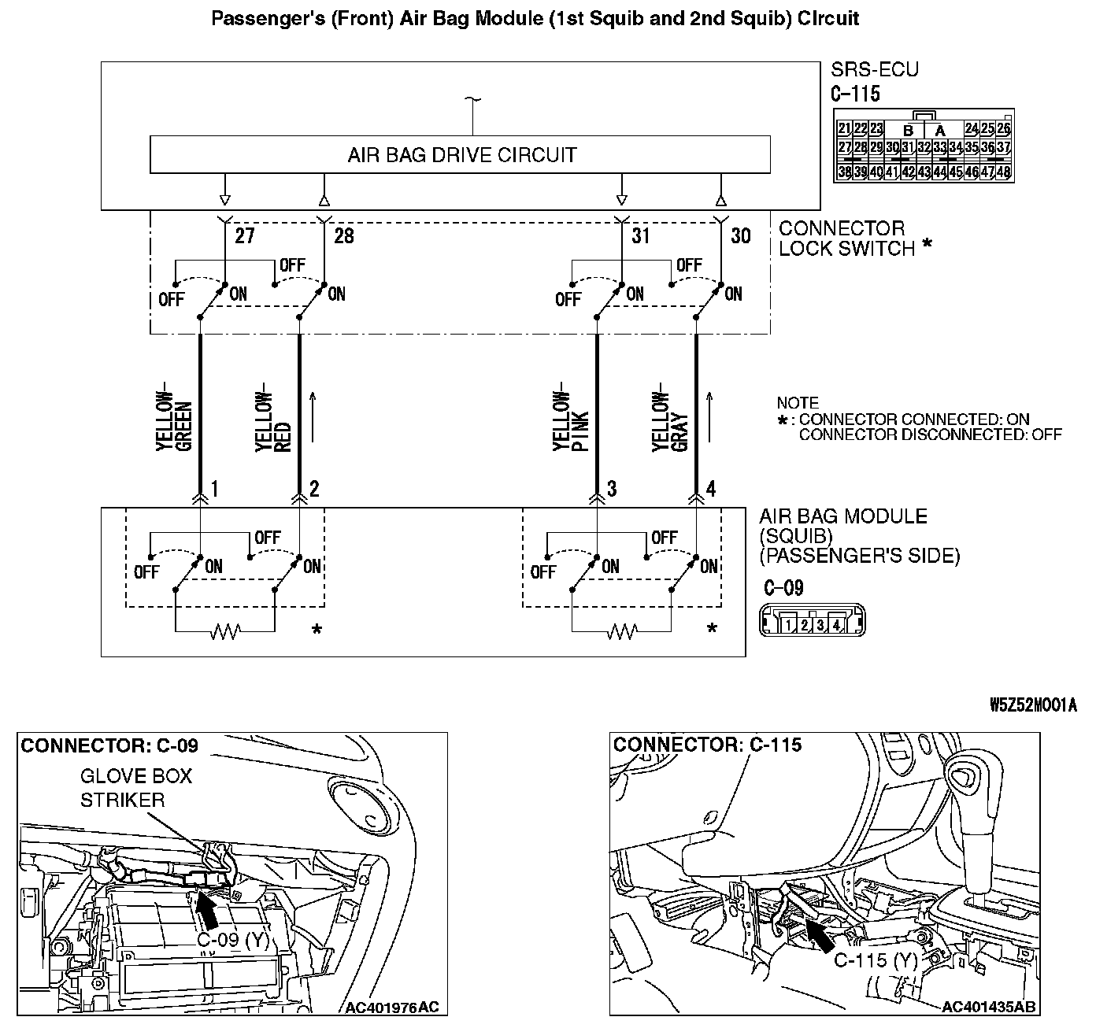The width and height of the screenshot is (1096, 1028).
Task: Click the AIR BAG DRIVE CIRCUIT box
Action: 460,154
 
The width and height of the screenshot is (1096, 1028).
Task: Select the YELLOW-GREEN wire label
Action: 175,420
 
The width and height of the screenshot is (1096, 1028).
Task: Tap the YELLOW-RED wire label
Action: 274,420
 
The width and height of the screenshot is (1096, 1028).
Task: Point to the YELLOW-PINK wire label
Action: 571,420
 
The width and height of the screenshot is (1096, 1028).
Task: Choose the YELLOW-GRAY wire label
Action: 670,420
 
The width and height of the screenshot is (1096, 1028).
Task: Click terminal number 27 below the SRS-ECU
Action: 244,235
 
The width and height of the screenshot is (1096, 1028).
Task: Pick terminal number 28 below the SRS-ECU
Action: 344,235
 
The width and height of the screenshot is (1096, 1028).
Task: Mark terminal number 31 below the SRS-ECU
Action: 641,235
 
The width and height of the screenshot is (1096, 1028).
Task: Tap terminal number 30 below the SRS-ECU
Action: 740,235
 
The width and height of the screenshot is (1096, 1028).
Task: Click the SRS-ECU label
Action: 875,70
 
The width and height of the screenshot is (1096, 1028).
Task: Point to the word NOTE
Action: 797,402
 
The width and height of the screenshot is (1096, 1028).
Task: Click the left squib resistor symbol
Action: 225,632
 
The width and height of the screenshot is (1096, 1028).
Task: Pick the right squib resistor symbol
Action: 622,632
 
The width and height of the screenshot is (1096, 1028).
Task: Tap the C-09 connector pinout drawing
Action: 811,621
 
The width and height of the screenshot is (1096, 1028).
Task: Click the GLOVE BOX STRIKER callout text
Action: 135,788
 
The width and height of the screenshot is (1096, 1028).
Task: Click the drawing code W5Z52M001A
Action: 1033,705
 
